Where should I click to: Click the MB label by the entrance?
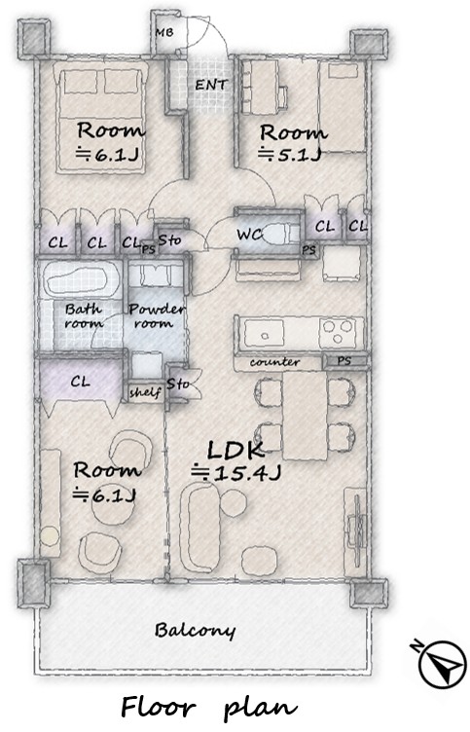[x=163, y=32]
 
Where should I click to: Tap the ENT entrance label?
[x=211, y=85]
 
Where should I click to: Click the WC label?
[x=250, y=235]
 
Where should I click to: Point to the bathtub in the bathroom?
[x=81, y=278]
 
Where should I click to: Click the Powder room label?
[x=157, y=315]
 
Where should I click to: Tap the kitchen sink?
[x=264, y=333]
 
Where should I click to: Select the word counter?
[x=274, y=362]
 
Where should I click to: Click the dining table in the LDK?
[x=305, y=415]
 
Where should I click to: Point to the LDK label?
[x=235, y=451]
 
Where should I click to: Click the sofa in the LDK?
[x=199, y=528]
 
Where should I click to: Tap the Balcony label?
[x=195, y=630]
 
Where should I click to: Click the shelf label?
[x=145, y=392]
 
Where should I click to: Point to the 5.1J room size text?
[x=289, y=154]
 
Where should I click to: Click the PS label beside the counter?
[x=344, y=361]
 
